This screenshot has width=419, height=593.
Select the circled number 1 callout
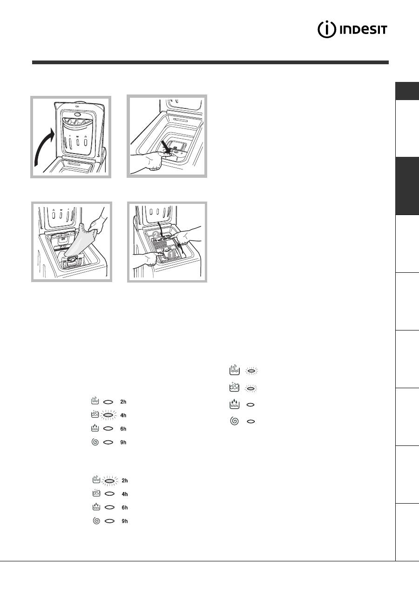(171, 255)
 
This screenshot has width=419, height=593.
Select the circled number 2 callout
(155, 234)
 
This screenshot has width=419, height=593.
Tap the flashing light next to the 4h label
(108, 415)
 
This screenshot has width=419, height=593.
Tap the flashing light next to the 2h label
(110, 480)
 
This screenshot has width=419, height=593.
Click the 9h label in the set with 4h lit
(123, 442)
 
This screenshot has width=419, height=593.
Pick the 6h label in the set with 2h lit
(125, 507)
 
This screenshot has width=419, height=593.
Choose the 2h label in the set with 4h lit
(123, 402)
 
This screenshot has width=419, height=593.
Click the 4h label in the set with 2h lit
(125, 494)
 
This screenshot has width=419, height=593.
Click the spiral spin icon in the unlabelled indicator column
(234, 421)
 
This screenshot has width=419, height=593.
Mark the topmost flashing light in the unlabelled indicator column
(251, 371)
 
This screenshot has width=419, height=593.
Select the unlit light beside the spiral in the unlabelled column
(251, 421)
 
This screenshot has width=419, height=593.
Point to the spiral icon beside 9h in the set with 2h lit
(97, 521)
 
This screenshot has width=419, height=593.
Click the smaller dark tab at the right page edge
(407, 91)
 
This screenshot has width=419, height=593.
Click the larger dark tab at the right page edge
(407, 186)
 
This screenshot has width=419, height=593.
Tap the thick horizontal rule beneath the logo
(210, 62)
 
